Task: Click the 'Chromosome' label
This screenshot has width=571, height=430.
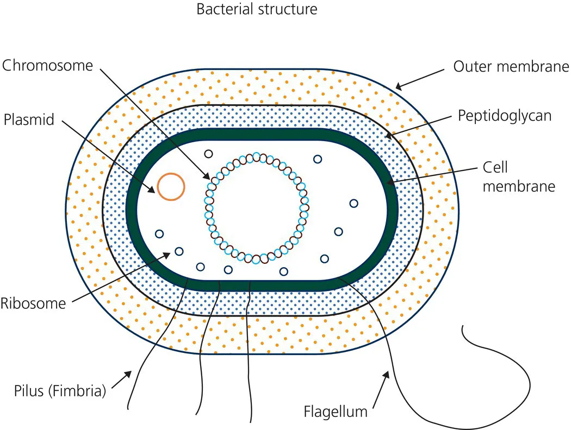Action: coord(48,66)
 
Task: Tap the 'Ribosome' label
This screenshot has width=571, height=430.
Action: coord(33,302)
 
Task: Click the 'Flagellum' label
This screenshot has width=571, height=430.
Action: coord(336,412)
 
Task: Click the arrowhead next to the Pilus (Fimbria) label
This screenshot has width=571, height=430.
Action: coord(128,374)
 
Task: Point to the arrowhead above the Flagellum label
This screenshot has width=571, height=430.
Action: coord(387,374)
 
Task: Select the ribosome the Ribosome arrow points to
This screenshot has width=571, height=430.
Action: coord(178,252)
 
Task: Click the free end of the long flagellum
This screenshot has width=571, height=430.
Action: coord(463,326)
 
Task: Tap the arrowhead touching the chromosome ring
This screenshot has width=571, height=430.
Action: coord(207,178)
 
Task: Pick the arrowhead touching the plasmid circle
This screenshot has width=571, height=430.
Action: coord(154,191)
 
